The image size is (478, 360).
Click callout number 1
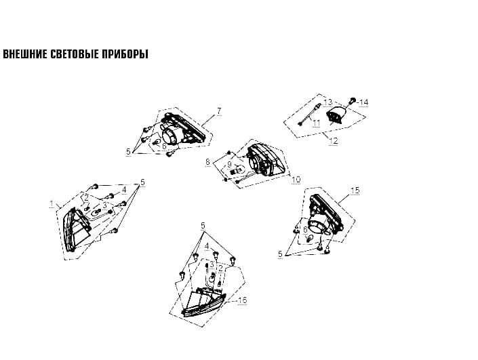[52, 203]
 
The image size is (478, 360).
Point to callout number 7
[219, 112]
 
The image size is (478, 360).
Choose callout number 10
[296, 180]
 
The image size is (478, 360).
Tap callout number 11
[317, 123]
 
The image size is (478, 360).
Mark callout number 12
[334, 141]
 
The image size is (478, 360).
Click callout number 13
[327, 102]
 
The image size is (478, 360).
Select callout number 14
[364, 102]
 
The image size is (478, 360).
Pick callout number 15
[355, 191]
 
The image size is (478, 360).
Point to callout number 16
[242, 300]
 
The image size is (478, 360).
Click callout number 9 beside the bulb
[230, 165]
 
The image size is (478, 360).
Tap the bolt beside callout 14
[353, 100]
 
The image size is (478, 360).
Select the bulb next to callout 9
[239, 169]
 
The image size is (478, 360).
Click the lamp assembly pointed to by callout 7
[182, 131]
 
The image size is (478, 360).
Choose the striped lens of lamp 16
[203, 302]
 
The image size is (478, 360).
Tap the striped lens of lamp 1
[76, 229]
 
